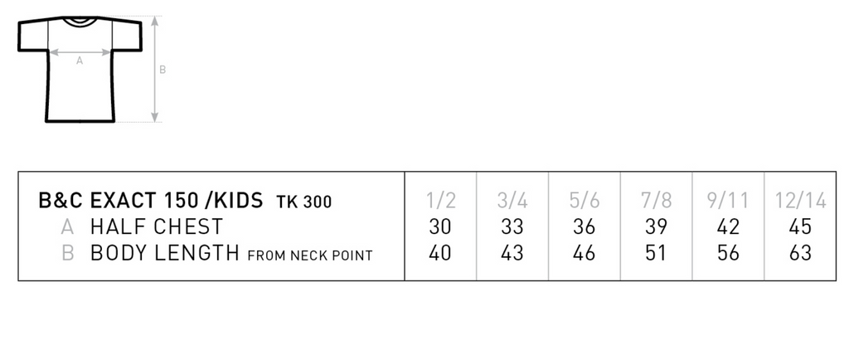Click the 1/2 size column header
point(441,201)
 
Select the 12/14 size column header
point(800,201)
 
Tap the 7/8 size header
point(657,201)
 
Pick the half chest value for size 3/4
point(512,226)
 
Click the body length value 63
point(800,252)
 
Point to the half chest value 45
point(800,226)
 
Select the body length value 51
point(656,252)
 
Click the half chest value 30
point(440,226)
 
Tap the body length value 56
point(728,252)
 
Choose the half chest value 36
point(585,226)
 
